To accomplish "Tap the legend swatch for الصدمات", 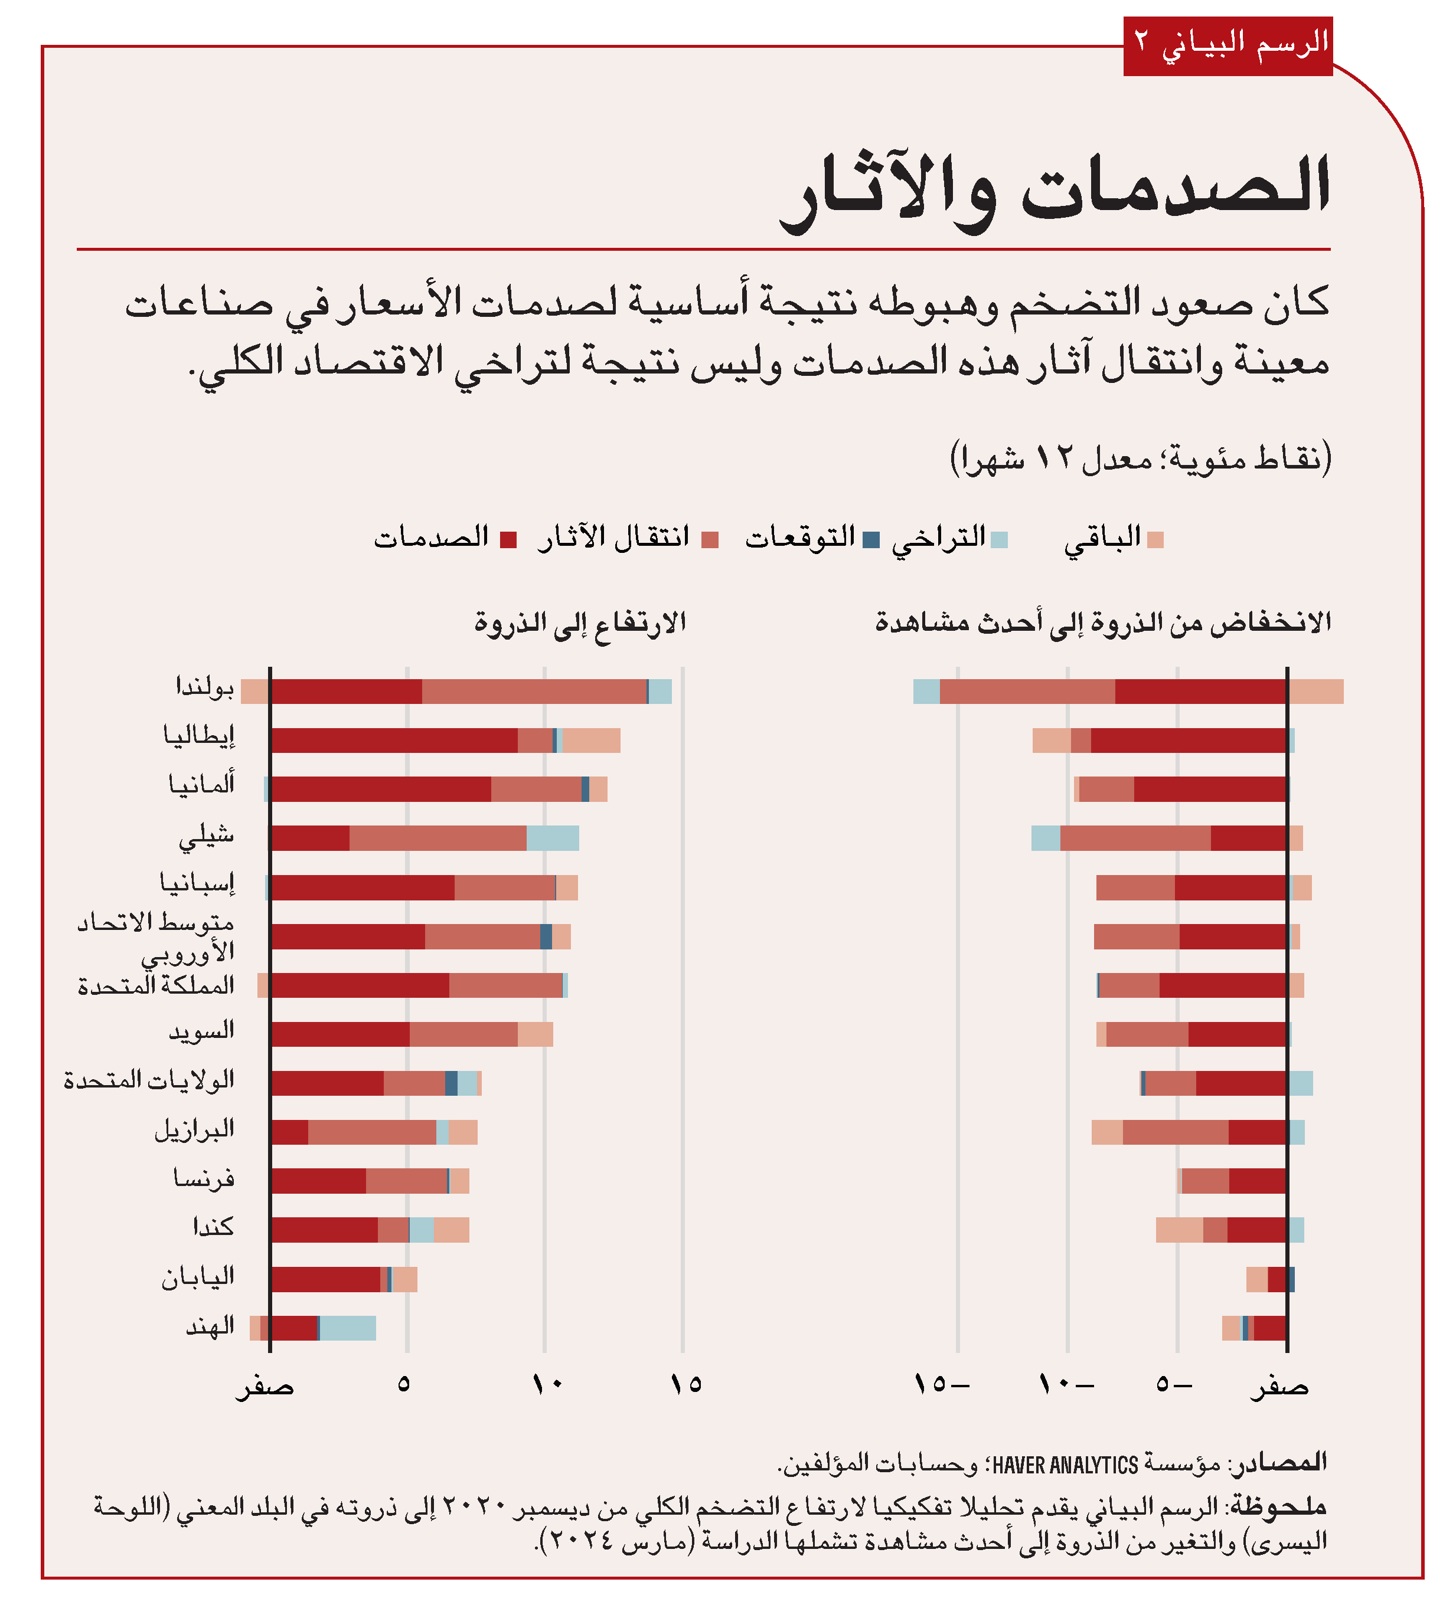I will (x=508, y=540).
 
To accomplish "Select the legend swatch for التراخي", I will (x=999, y=540).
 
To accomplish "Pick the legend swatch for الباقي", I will (x=1154, y=540).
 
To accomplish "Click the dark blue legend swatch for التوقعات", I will (x=871, y=540).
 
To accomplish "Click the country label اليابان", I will (x=198, y=1277).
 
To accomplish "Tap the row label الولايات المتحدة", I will (x=149, y=1081).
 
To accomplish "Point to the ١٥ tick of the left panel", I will (x=685, y=1384).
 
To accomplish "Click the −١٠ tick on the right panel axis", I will (x=1066, y=1384).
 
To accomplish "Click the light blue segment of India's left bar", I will (x=347, y=1328).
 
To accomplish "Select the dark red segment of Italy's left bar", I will (x=394, y=741).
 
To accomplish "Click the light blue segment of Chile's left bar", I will (x=552, y=838).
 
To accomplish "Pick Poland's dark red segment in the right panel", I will (x=1200, y=692).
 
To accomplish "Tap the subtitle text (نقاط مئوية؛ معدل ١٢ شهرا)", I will (x=1140, y=459).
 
